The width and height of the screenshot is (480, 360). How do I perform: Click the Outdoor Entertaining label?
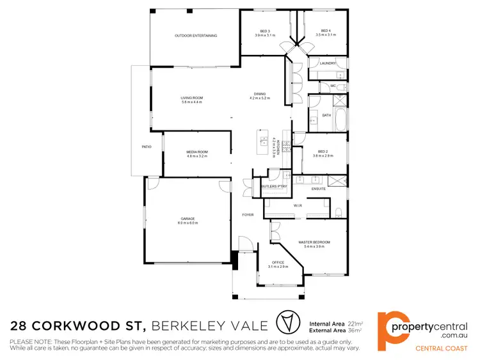(196, 36)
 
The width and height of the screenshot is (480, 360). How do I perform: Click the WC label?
(333, 85)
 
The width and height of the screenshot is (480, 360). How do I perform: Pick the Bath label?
(326, 116)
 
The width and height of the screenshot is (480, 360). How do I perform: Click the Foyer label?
(247, 214)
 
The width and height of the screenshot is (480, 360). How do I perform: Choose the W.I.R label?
(298, 206)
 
